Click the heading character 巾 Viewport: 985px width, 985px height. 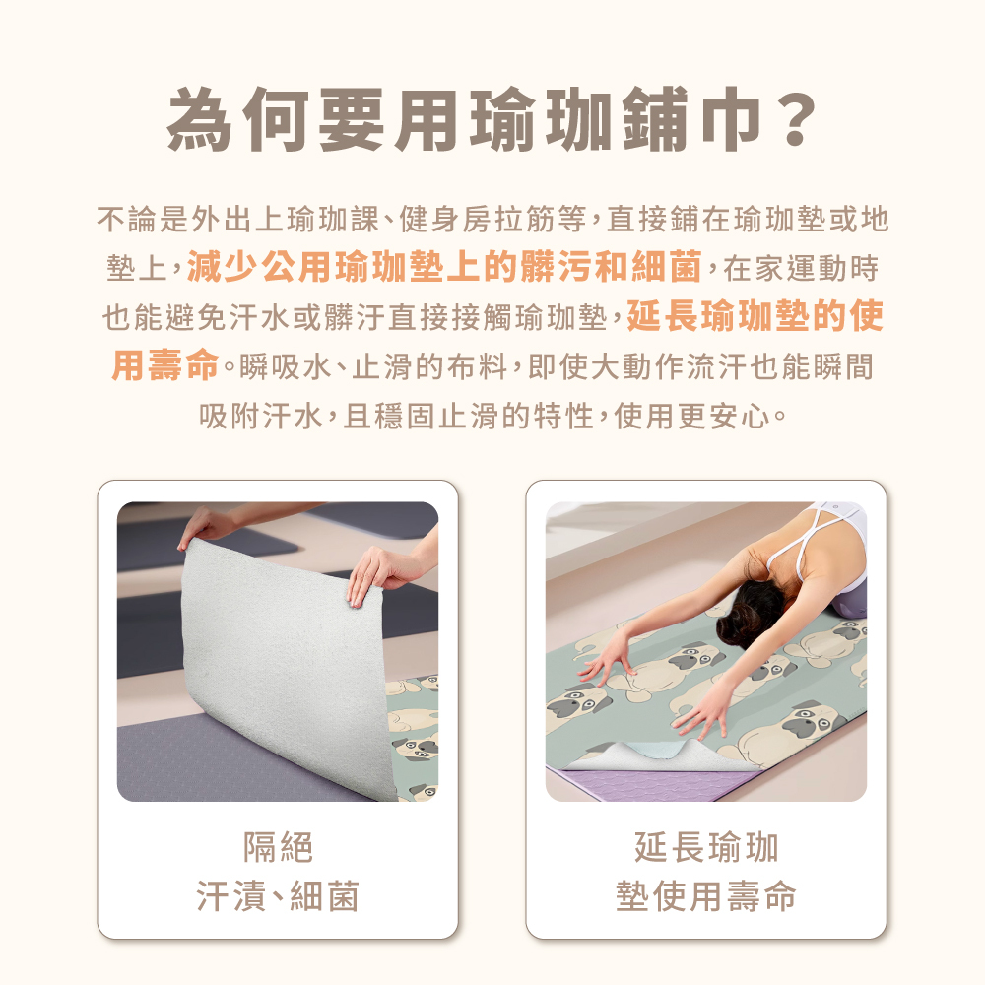click(729, 119)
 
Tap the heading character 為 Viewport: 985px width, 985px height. click(199, 119)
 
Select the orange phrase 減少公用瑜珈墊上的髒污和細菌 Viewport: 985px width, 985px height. click(444, 266)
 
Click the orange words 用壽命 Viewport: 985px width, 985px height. click(165, 365)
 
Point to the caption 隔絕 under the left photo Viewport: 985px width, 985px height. click(278, 847)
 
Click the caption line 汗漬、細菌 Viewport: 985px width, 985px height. click(278, 895)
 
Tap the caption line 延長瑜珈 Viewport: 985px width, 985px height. click(706, 847)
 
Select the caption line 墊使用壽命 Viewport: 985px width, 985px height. click(706, 895)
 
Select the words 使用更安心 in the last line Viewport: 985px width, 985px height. click(691, 416)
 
